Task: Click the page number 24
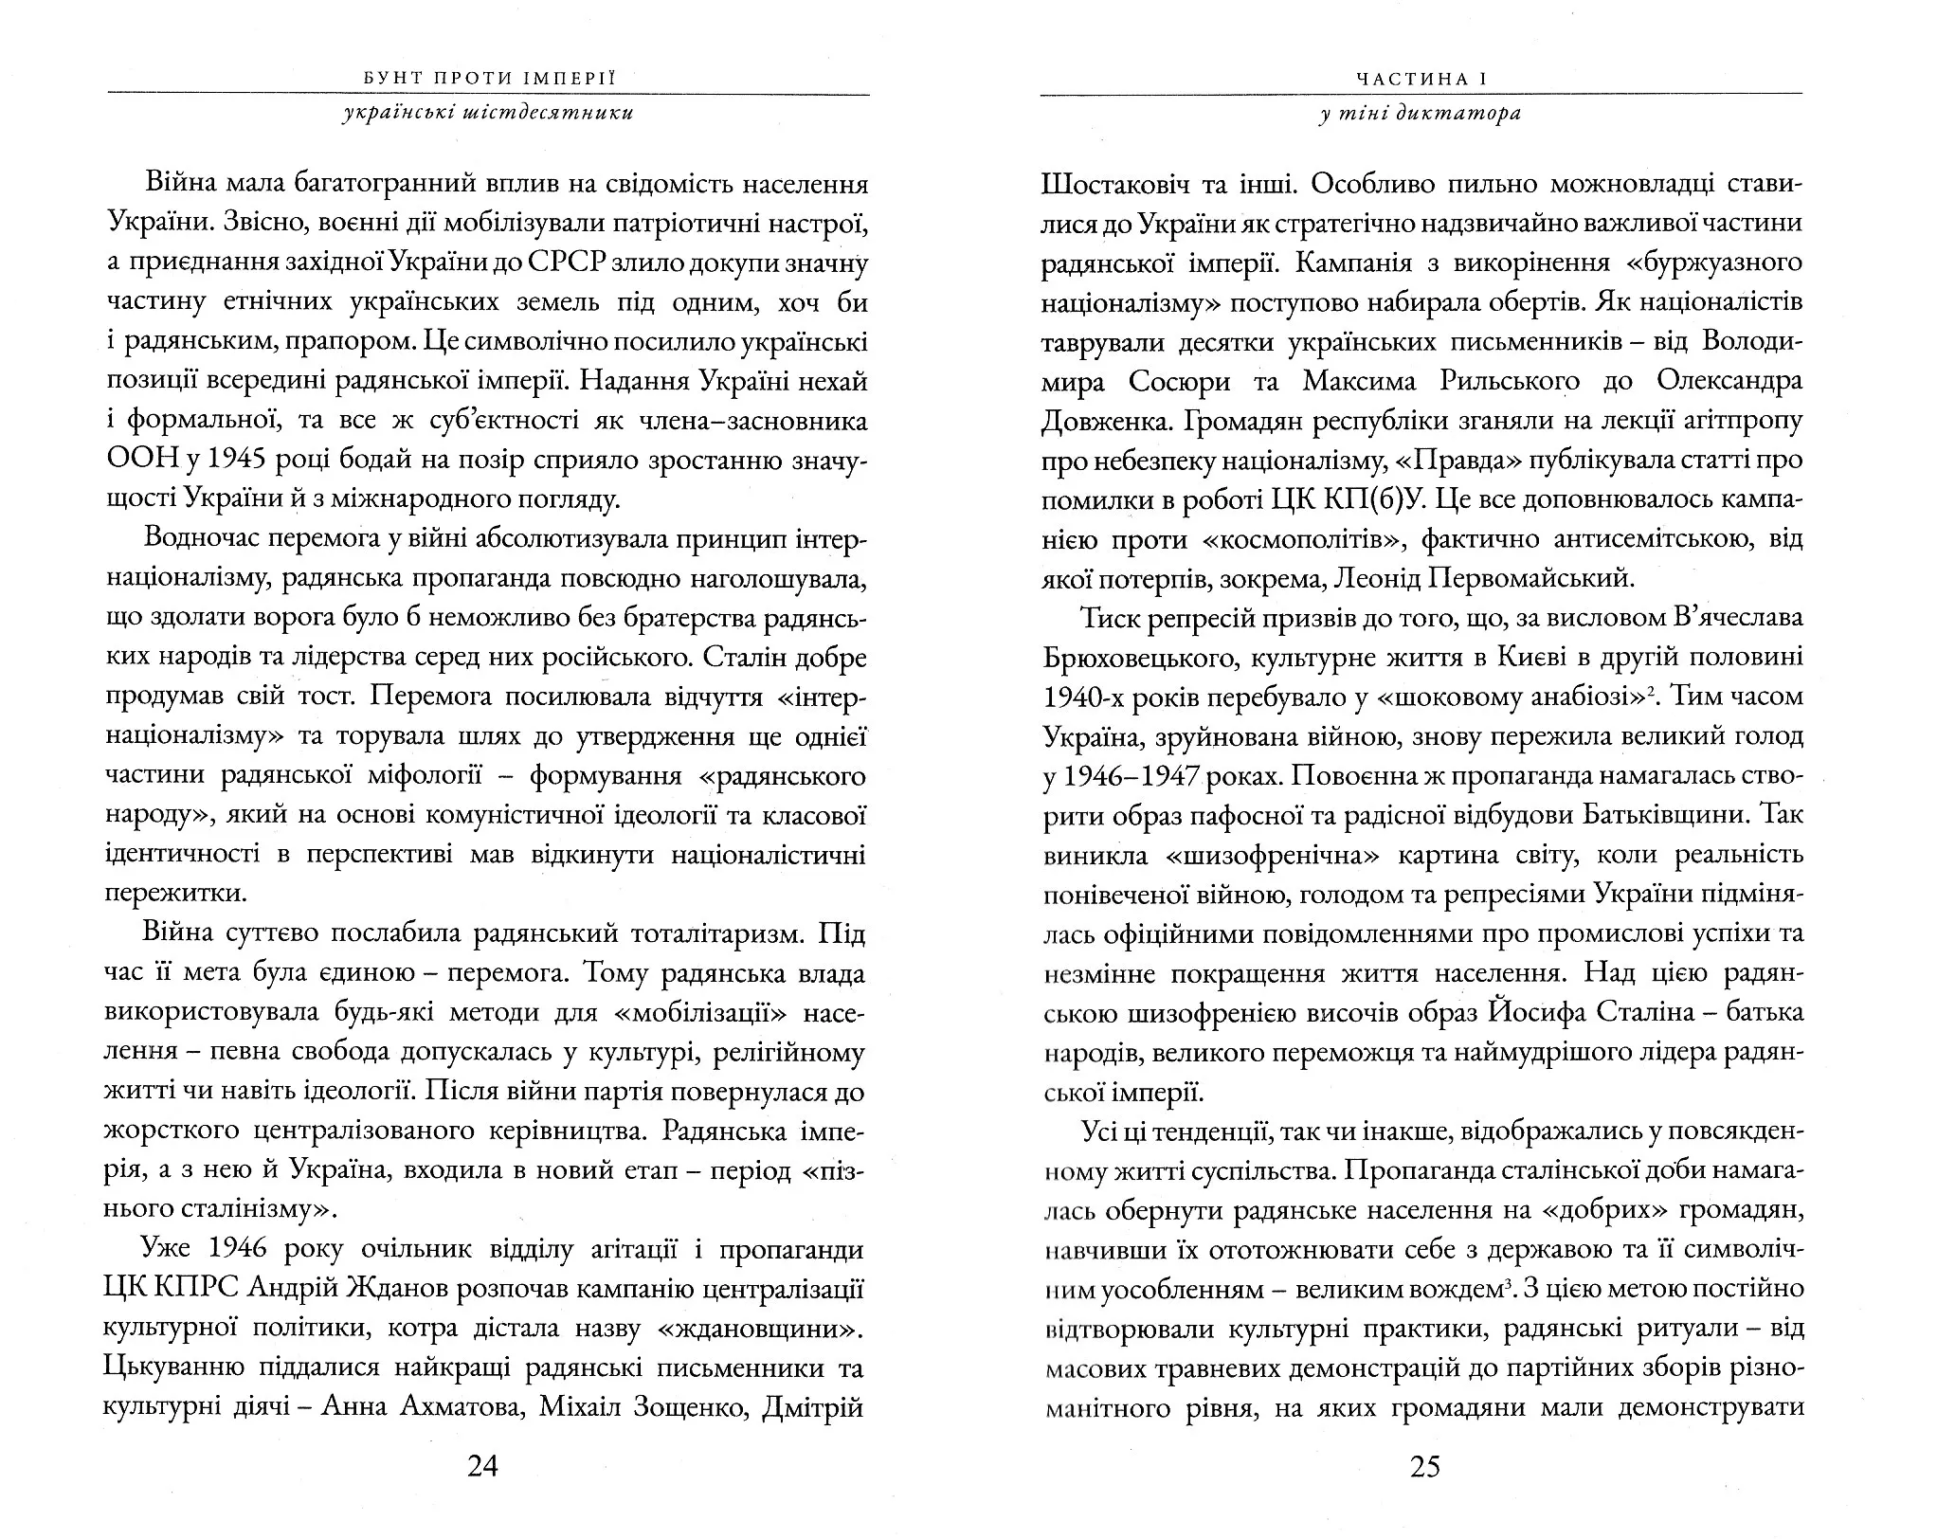pyautogui.click(x=482, y=1467)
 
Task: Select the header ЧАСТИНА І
pyautogui.click(x=1421, y=80)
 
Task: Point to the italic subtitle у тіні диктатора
pyautogui.click(x=1421, y=114)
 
